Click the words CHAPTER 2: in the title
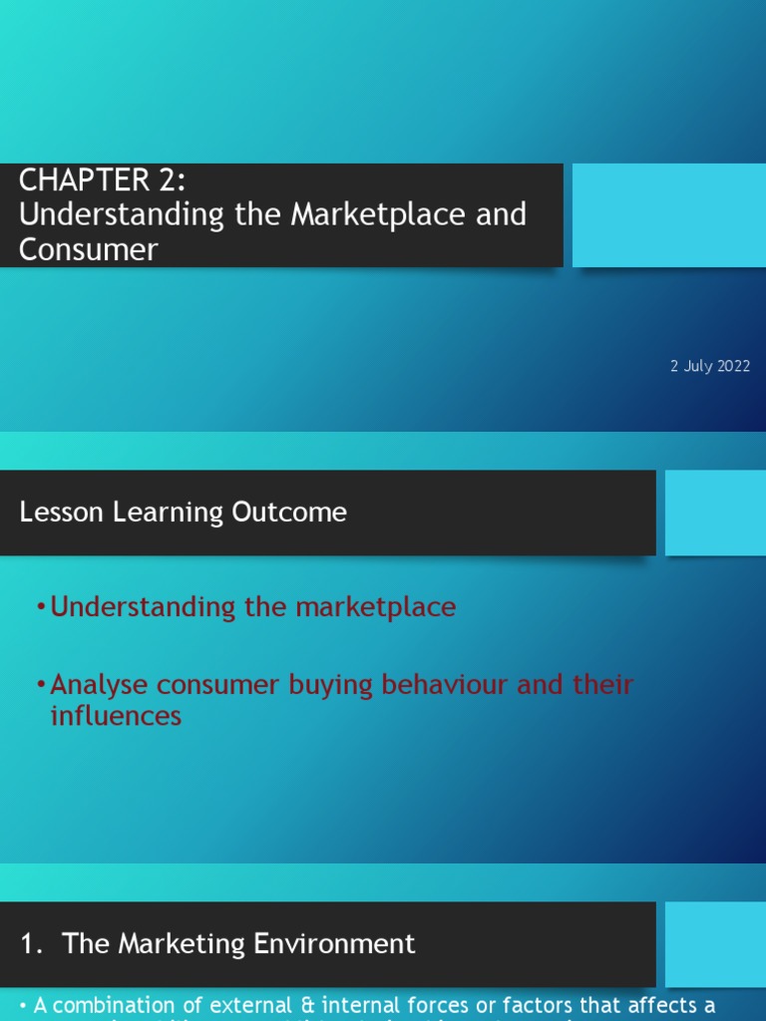tap(102, 181)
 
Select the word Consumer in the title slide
tap(88, 248)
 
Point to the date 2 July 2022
tap(710, 366)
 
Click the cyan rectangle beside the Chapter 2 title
tap(668, 215)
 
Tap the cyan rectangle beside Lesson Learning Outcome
tap(714, 512)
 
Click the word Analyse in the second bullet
tap(97, 685)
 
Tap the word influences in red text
tap(116, 715)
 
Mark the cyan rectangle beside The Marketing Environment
tap(714, 943)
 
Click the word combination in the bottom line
tap(124, 1006)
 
